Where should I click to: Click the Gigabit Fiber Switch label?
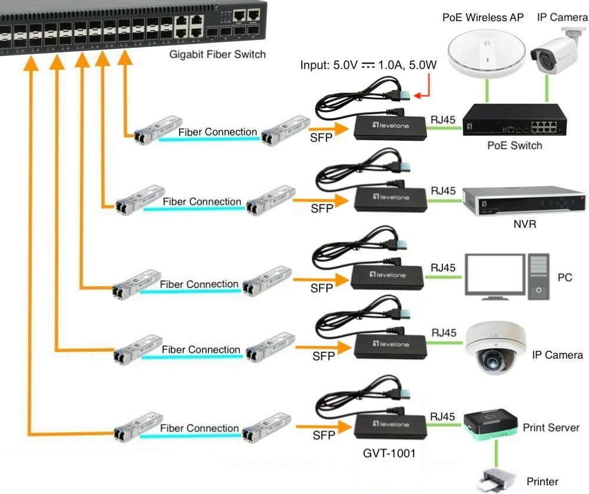pos(217,55)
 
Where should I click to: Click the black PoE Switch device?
pos(512,123)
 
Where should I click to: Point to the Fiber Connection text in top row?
pos(217,132)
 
